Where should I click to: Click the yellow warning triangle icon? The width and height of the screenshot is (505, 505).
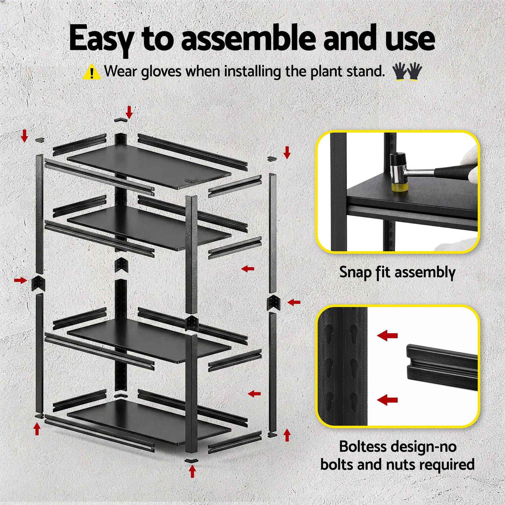[92, 72]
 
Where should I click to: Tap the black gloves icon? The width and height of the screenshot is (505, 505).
[407, 72]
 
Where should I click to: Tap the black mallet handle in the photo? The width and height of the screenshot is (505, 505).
[449, 172]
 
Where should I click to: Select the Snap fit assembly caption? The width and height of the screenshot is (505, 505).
[397, 272]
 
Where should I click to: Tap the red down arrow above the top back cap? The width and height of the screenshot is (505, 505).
[129, 111]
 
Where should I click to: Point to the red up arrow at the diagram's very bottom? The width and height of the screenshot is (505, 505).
[192, 472]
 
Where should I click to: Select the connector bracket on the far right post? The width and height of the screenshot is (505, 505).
[273, 302]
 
